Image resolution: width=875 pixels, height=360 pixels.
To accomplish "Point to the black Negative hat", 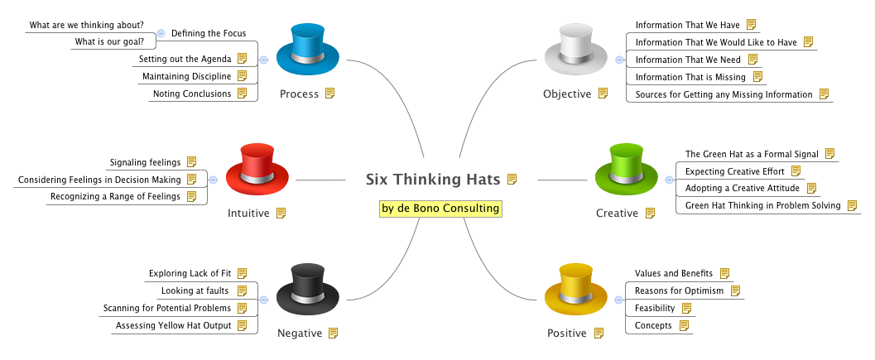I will (307, 290).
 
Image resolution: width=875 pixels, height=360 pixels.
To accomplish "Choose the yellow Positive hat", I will (578, 289).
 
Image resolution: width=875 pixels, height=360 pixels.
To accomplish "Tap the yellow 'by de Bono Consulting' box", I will (440, 208).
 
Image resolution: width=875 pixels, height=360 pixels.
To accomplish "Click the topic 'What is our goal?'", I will (109, 41).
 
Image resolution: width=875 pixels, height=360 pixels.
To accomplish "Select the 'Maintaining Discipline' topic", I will (186, 76).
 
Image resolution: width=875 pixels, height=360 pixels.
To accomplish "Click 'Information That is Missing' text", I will (690, 77).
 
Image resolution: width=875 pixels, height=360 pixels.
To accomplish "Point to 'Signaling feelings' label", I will (145, 162).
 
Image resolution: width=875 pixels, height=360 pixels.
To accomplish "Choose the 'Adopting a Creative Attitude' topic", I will (742, 188).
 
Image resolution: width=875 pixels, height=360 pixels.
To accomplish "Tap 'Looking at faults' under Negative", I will (195, 290).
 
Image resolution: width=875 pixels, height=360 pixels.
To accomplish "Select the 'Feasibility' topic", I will (654, 308).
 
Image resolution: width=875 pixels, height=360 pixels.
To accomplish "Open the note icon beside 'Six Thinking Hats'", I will (512, 179).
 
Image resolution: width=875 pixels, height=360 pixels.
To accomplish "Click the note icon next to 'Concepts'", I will (684, 325).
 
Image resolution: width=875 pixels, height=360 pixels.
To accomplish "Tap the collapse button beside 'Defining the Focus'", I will (161, 33).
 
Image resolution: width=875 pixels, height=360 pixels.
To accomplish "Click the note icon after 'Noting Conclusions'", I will (242, 94).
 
